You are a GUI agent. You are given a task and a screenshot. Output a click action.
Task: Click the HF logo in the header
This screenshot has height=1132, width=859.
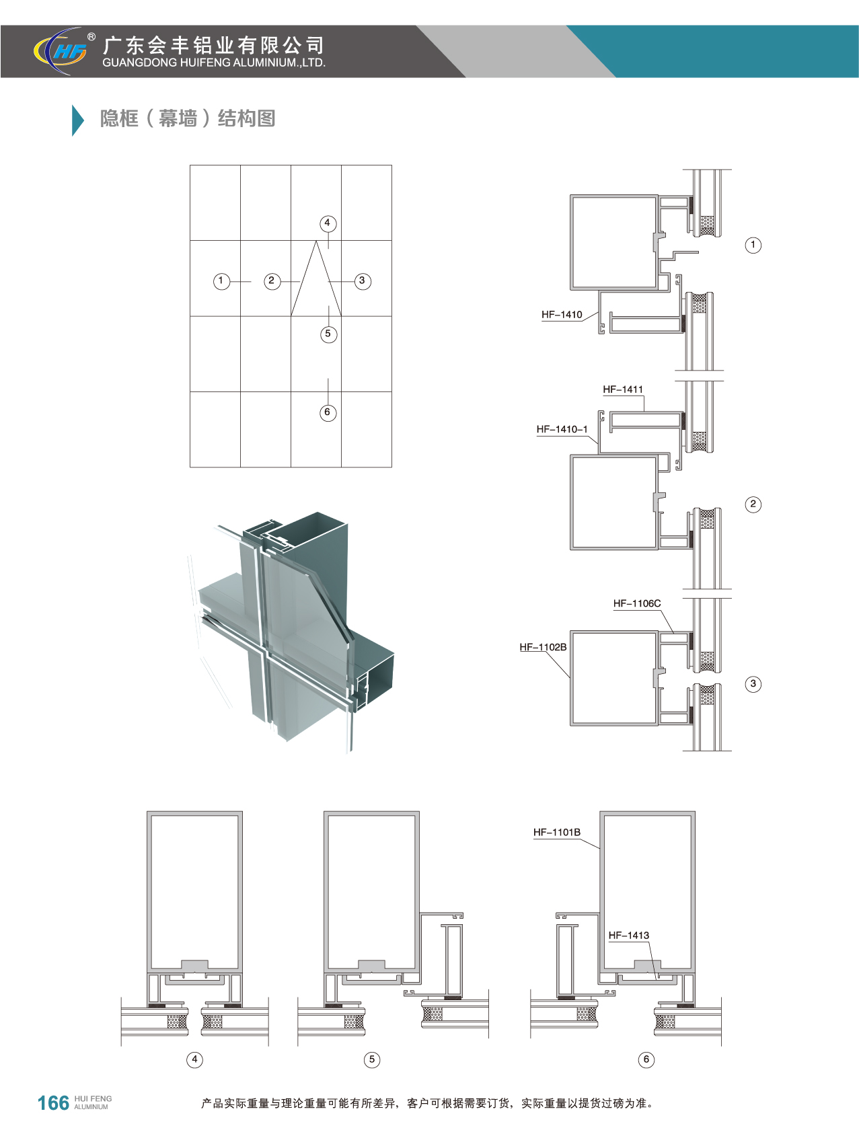(61, 50)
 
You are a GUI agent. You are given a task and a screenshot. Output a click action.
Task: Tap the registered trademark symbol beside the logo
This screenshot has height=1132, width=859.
(91, 37)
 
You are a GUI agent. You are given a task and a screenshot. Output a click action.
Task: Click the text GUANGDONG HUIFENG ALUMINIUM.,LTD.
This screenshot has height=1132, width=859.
(214, 63)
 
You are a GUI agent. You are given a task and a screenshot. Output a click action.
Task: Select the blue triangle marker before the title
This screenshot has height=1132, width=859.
(77, 120)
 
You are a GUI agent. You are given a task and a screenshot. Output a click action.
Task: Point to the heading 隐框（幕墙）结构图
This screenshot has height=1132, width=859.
(188, 119)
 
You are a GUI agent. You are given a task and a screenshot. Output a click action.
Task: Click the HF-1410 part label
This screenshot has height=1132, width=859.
(562, 315)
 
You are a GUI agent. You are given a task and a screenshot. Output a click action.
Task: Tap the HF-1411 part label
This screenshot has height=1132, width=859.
(623, 389)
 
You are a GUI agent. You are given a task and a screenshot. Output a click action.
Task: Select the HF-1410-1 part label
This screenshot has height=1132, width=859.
(562, 429)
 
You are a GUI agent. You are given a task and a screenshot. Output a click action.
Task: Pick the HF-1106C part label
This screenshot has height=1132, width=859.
(637, 603)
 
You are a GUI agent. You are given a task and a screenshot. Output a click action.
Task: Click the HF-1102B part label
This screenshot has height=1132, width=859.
(543, 647)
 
